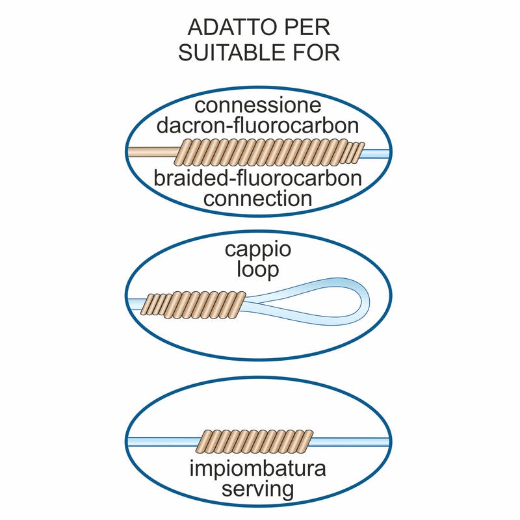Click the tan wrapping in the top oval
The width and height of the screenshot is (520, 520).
pos(270,153)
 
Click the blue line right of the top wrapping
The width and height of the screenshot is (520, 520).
pos(377,153)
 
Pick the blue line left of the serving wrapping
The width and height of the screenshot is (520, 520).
pos(162,441)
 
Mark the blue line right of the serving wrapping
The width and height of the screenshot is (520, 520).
pos(351,441)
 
